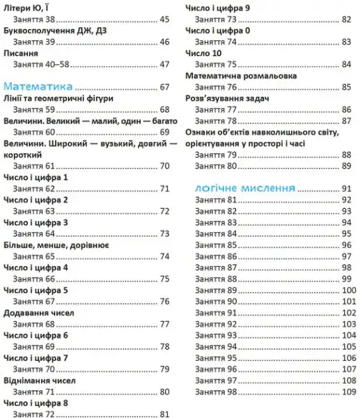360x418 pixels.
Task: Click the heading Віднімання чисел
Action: [x=40, y=381]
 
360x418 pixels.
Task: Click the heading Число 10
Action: [x=203, y=53]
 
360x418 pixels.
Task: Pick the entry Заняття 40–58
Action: [x=42, y=65]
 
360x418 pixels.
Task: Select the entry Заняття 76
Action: [x=217, y=87]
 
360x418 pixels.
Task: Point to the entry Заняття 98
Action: [x=217, y=392]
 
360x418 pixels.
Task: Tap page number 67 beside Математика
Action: [x=164, y=88]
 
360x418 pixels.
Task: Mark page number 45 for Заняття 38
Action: [x=164, y=20]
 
